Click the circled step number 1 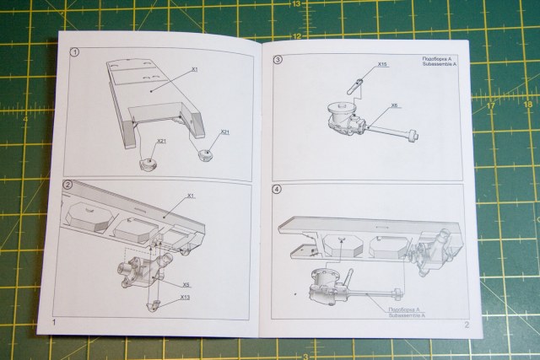tap(75, 52)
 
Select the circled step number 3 tap(278, 60)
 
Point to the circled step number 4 tap(277, 189)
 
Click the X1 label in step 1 tap(195, 68)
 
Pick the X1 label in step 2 tap(192, 196)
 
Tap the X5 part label tap(185, 285)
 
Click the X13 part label tap(185, 297)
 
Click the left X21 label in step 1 tap(160, 141)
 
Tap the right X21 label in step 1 tap(225, 132)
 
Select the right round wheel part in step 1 tap(206, 153)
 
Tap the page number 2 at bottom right tap(465, 324)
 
